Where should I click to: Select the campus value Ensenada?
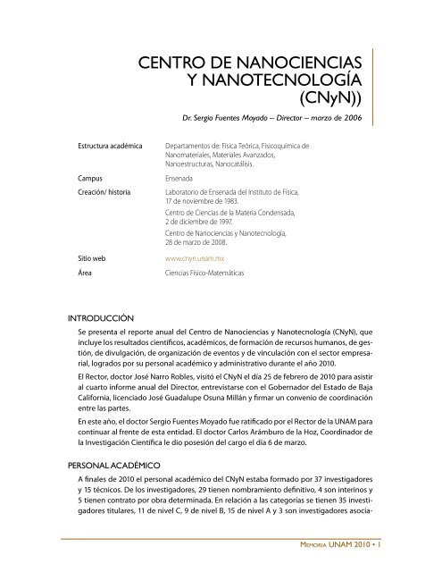(x=183, y=178)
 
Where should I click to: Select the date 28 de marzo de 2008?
(x=197, y=248)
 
